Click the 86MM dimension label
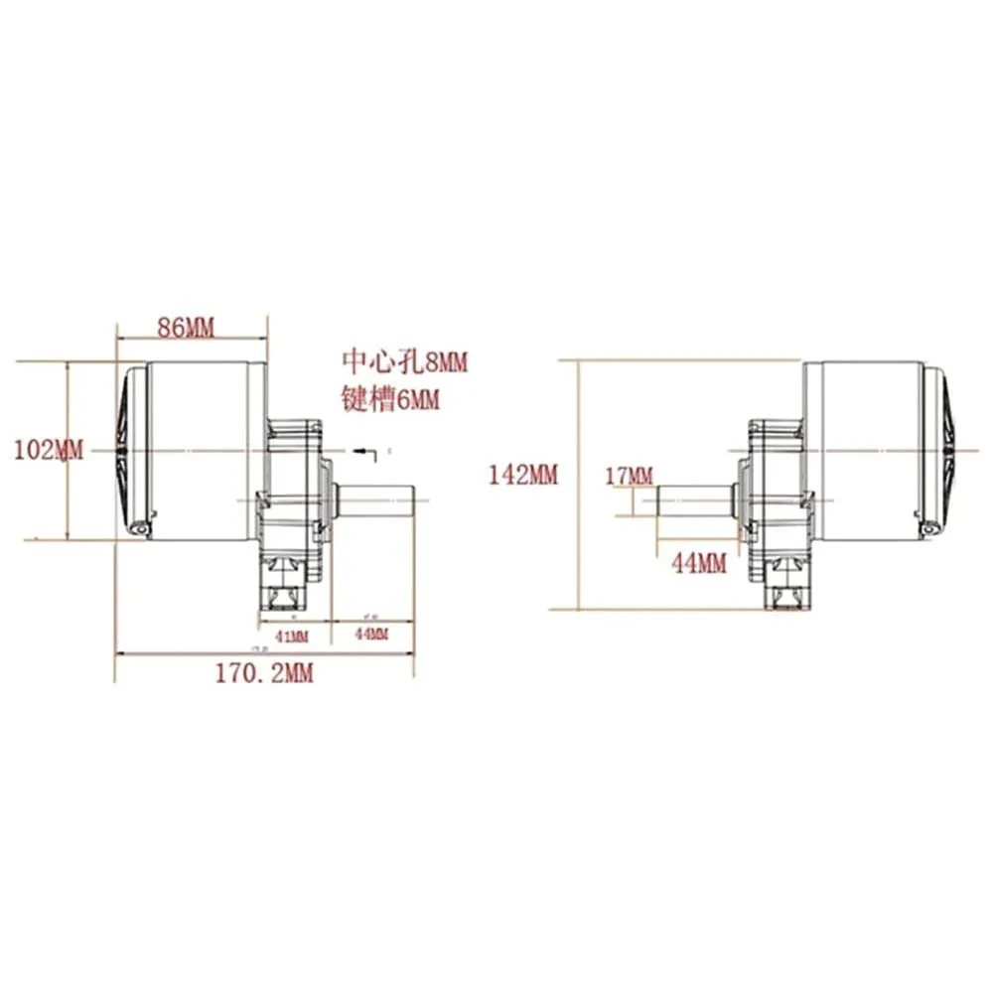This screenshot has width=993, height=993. tap(187, 328)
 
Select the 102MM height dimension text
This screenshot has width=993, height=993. tap(49, 449)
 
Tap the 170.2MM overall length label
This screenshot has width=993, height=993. tap(264, 673)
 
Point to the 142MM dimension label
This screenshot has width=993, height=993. tap(523, 475)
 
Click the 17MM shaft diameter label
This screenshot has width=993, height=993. tap(629, 477)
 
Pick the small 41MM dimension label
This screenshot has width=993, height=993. tap(289, 635)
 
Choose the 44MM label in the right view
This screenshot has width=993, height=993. tap(699, 564)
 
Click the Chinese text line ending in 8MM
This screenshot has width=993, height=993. tap(403, 361)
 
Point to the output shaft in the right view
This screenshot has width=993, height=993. tap(692, 496)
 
